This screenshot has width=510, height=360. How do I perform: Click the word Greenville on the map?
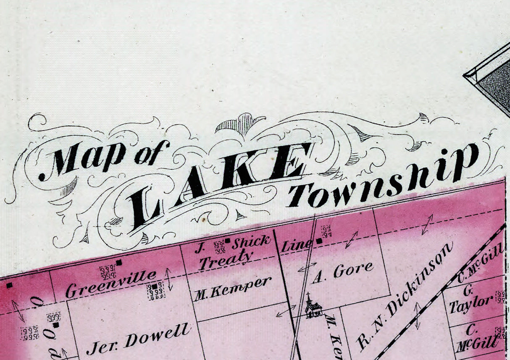pyautogui.click(x=111, y=284)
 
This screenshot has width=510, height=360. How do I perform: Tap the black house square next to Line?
pyautogui.click(x=319, y=241)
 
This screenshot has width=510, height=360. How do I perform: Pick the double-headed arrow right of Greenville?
pyautogui.click(x=169, y=279)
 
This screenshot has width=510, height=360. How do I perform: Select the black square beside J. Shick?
pyautogui.click(x=227, y=241)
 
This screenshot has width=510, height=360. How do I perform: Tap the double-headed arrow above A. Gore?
pyautogui.click(x=352, y=239)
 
